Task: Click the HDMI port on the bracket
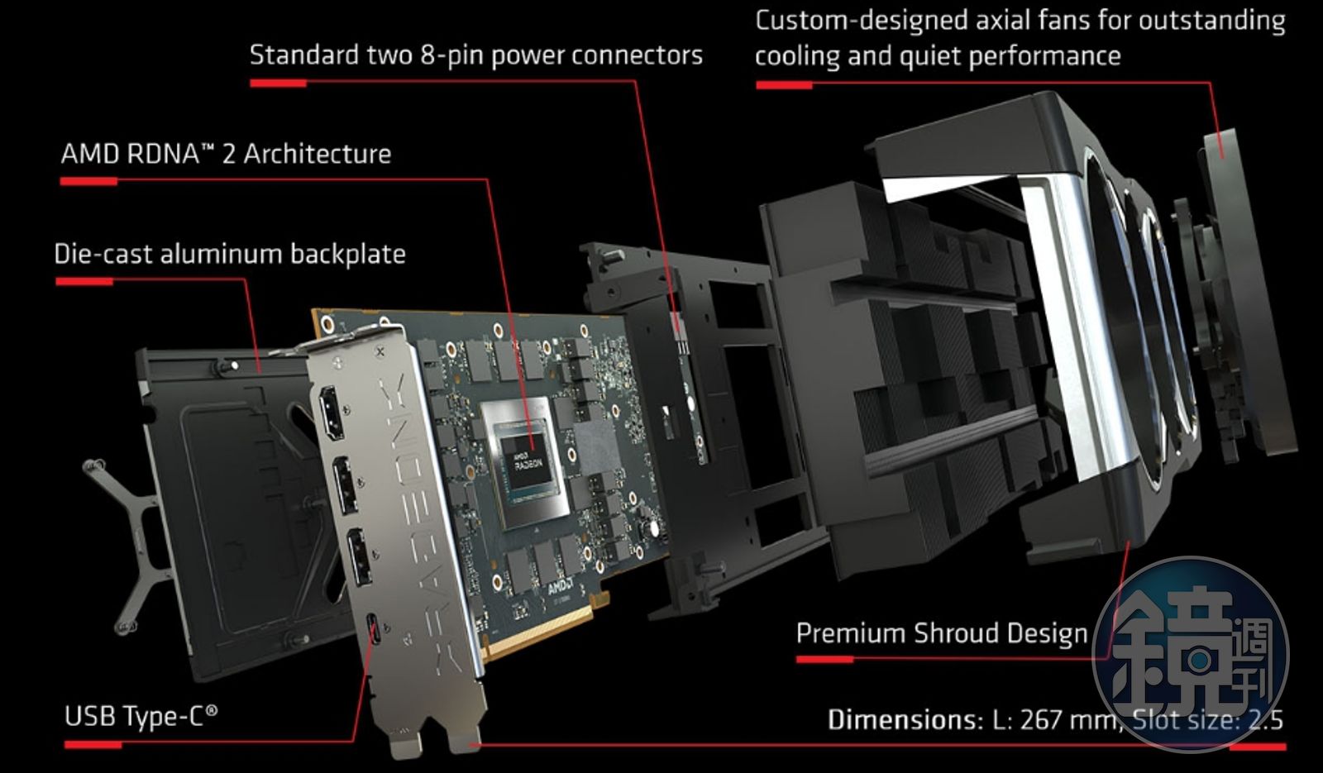coord(332,413)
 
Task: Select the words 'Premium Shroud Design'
coord(941,633)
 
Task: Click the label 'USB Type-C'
coord(141,715)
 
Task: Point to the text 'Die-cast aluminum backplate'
coord(230,254)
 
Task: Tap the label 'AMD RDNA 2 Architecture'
coord(226,154)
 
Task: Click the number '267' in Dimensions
coord(1040,719)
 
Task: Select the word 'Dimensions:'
coord(905,719)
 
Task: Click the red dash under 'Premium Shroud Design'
coord(824,660)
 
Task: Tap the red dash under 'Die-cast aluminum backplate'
coord(84,282)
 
